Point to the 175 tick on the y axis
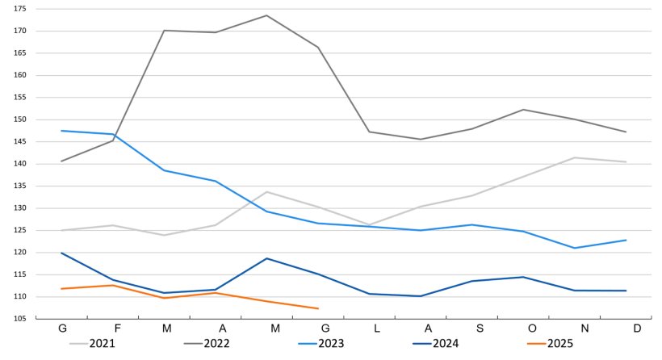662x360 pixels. pyautogui.click(x=20, y=9)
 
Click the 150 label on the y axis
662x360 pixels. pyautogui.click(x=20, y=119)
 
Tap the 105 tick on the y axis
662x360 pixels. pyautogui.click(x=20, y=319)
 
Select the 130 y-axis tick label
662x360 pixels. pyautogui.click(x=20, y=208)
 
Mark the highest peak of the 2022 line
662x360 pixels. pyautogui.click(x=266, y=15)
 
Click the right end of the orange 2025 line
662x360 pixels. pyautogui.click(x=318, y=308)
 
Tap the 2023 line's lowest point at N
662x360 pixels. pyautogui.click(x=575, y=248)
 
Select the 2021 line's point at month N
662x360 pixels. pyautogui.click(x=575, y=157)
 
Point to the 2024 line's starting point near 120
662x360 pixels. pyautogui.click(x=62, y=253)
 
